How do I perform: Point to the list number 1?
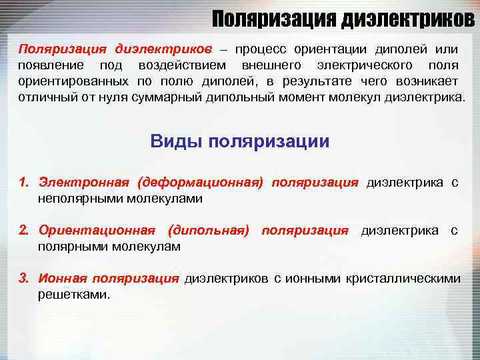(24, 183)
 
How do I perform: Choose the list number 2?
(24, 231)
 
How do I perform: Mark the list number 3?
(24, 278)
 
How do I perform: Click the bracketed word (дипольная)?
(209, 231)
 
